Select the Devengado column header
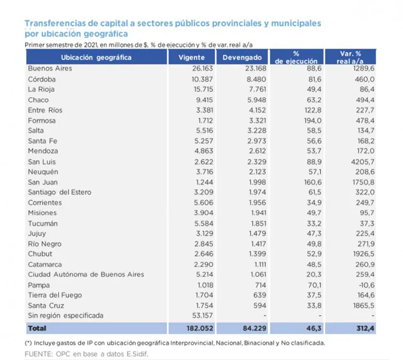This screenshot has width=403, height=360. point(242,57)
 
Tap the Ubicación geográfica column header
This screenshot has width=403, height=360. point(96,57)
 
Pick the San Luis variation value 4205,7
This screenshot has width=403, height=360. point(358,161)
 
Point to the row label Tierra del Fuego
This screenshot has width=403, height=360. point(52,295)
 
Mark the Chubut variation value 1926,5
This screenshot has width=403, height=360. point(358,254)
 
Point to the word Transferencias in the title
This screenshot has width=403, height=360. point(57,24)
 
